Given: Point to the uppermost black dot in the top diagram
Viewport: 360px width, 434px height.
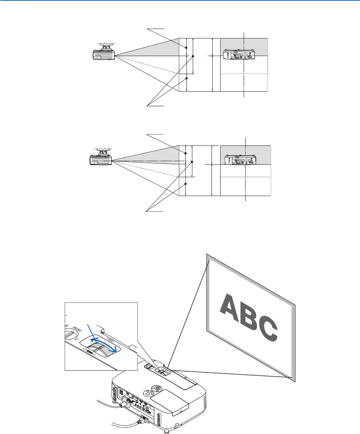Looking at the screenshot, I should point(186,47).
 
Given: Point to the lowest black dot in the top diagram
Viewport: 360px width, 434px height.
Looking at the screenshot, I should point(186,78).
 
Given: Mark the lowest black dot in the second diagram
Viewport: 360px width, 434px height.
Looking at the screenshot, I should point(186,183).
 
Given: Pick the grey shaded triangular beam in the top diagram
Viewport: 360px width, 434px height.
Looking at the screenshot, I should point(157,49).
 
